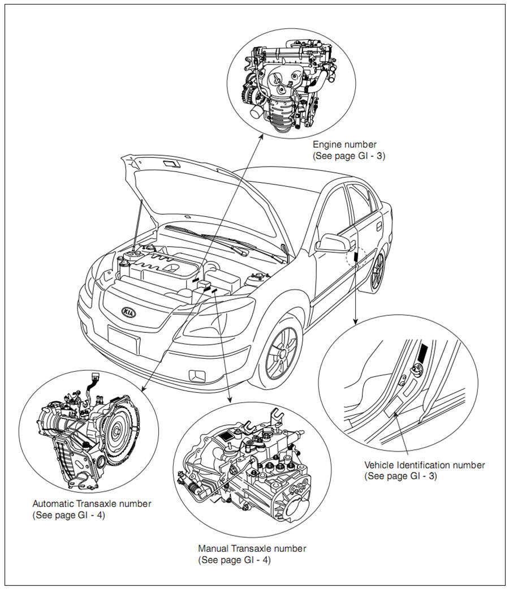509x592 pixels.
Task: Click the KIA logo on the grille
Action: click(129, 312)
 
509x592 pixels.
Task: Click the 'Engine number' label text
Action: click(344, 145)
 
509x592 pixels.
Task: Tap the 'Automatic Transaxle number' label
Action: click(92, 504)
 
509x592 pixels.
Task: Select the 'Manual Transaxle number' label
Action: click(252, 548)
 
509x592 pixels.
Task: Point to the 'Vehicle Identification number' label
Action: click(424, 465)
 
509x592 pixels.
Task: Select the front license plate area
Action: click(123, 340)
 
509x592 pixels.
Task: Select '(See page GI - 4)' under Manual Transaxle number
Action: click(234, 559)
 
